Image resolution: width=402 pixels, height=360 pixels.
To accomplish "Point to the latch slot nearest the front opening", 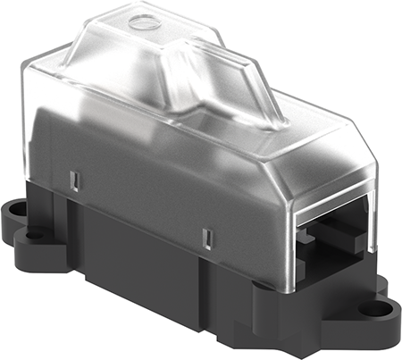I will pos(207,239).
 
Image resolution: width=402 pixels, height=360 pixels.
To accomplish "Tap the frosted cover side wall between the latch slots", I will pos(143,192).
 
